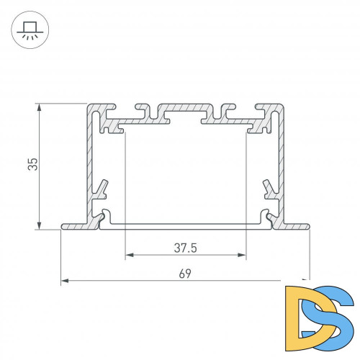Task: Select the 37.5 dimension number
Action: (185, 248)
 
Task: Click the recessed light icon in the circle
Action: (30, 29)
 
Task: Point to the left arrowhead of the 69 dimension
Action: (65, 279)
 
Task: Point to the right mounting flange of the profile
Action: (294, 226)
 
